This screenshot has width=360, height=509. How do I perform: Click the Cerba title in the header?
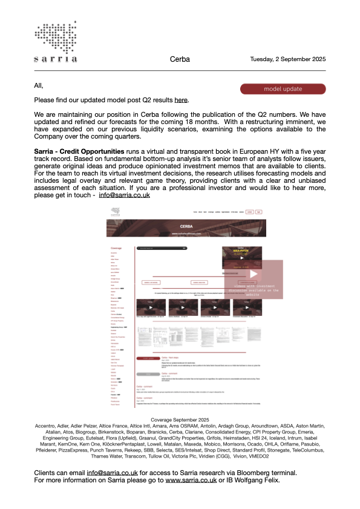point(180,59)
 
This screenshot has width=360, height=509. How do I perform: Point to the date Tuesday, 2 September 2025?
point(288,59)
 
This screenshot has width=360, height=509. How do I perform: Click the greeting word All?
point(39,86)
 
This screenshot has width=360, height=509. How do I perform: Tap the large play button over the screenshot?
point(254,274)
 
